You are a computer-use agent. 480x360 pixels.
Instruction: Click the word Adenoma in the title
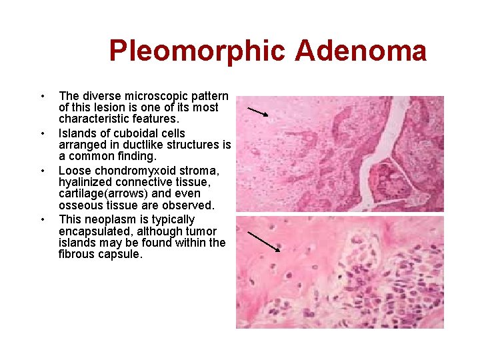click(360, 51)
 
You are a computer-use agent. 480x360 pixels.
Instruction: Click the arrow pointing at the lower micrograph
click(263, 241)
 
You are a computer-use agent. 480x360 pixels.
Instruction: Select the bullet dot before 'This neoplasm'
click(43, 220)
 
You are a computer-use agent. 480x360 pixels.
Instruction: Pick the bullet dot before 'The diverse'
click(43, 97)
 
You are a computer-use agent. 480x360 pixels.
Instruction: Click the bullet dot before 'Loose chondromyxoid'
click(43, 172)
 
